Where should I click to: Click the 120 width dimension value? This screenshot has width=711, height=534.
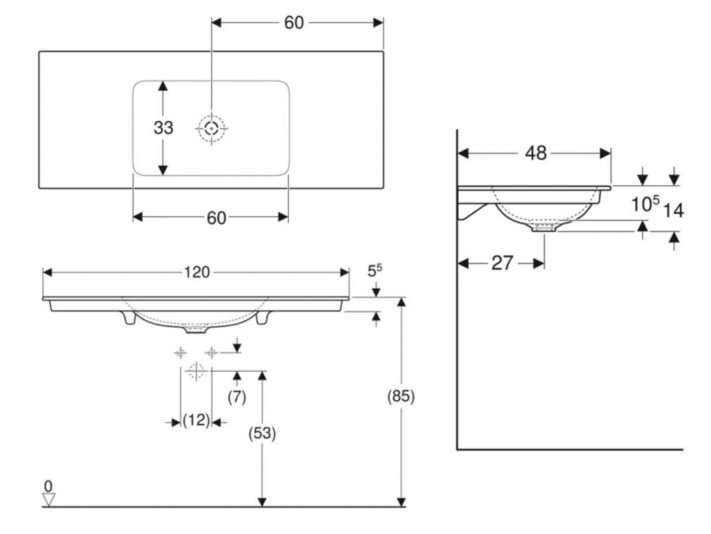(196, 273)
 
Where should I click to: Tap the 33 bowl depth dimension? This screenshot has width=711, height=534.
(163, 128)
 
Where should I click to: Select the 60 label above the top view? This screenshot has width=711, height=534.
(294, 22)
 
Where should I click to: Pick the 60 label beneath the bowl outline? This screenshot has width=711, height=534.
(216, 218)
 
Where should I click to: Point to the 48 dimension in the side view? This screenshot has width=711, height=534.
(536, 153)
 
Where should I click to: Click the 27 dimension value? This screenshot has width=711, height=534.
(502, 263)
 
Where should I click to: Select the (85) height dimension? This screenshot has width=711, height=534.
(401, 397)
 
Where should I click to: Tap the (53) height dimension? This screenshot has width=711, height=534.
(262, 433)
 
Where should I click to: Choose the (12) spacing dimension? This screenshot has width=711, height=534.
(196, 420)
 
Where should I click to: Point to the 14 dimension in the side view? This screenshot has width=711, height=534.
(674, 209)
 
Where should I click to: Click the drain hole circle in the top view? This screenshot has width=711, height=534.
(212, 128)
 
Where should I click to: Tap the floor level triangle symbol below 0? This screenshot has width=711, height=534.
(48, 499)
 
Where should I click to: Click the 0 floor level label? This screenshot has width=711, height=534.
(48, 486)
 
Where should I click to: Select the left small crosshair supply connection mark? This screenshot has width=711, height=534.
(181, 352)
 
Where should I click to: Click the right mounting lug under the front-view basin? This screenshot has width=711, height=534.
(262, 318)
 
